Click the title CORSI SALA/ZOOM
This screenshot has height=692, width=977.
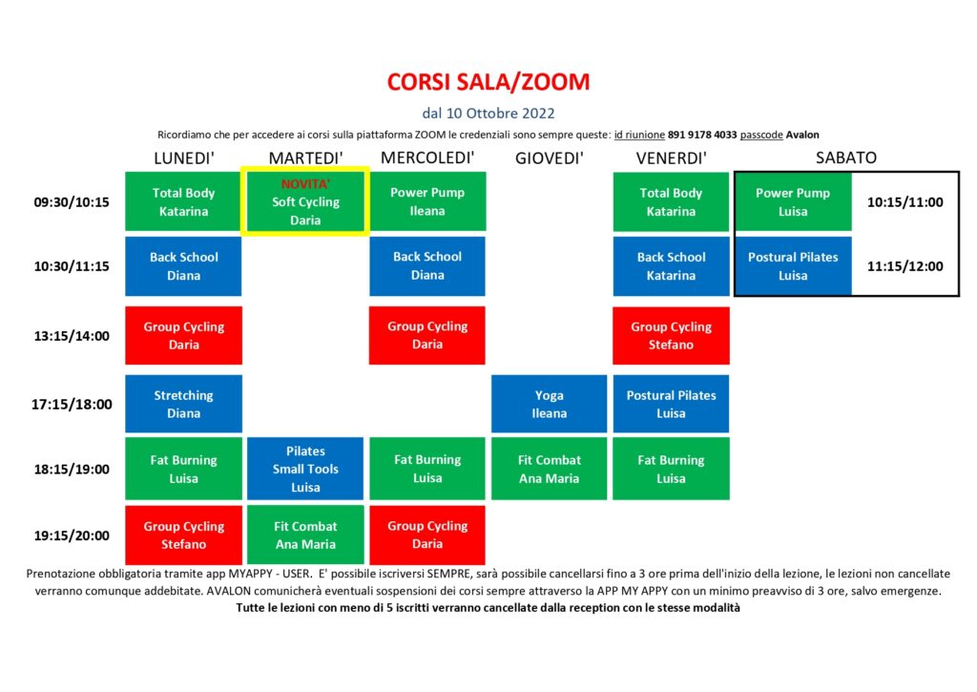pyautogui.click(x=488, y=82)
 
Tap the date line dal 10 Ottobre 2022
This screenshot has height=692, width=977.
pyautogui.click(x=488, y=114)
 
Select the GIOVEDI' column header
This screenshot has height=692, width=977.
pyautogui.click(x=549, y=158)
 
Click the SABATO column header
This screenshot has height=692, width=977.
pyautogui.click(x=846, y=157)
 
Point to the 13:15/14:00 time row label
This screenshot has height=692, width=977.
pyautogui.click(x=72, y=336)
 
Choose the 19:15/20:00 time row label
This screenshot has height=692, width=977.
pyautogui.click(x=72, y=535)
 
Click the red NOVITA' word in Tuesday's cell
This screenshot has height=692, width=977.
pyautogui.click(x=305, y=184)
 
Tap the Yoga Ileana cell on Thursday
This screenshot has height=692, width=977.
pyautogui.click(x=549, y=404)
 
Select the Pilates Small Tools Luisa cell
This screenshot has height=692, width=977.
pyautogui.click(x=305, y=469)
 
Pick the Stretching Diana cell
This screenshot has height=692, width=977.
pyautogui.click(x=184, y=404)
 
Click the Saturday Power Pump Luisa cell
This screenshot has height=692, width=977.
pyautogui.click(x=793, y=202)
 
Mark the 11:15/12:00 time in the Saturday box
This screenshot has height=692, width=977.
pyautogui.click(x=905, y=266)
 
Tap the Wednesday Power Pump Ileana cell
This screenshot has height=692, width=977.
pyautogui.click(x=427, y=201)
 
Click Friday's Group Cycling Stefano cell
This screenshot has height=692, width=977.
pyautogui.click(x=671, y=335)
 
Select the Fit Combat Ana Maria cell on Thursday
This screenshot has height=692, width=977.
pyautogui.click(x=549, y=469)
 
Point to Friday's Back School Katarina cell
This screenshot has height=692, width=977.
pyautogui.click(x=671, y=266)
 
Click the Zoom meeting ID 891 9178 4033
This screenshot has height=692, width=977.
pyautogui.click(x=702, y=135)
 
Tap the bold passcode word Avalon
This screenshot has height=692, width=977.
pyautogui.click(x=802, y=135)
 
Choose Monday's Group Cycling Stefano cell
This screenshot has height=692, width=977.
pyautogui.click(x=184, y=535)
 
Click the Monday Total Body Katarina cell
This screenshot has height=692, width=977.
pyautogui.click(x=184, y=202)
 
